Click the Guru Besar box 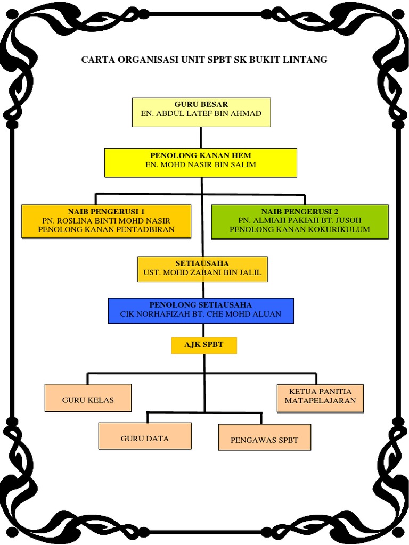point(201,112)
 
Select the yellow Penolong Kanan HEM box point(200,162)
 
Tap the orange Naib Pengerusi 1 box point(106,221)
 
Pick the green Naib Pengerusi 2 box point(299,221)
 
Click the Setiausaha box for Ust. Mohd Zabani point(202,269)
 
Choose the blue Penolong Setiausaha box point(201,310)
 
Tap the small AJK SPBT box point(203,345)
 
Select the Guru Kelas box point(88,398)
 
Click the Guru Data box point(145,436)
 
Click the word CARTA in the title point(97,60)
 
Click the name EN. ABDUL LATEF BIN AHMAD point(201,113)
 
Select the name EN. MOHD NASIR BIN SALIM point(201,164)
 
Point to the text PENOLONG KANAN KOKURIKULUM point(299,229)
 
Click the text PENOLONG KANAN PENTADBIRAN point(106,229)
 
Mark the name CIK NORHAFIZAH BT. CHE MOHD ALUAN point(201,314)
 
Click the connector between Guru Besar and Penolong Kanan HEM point(201,137)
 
